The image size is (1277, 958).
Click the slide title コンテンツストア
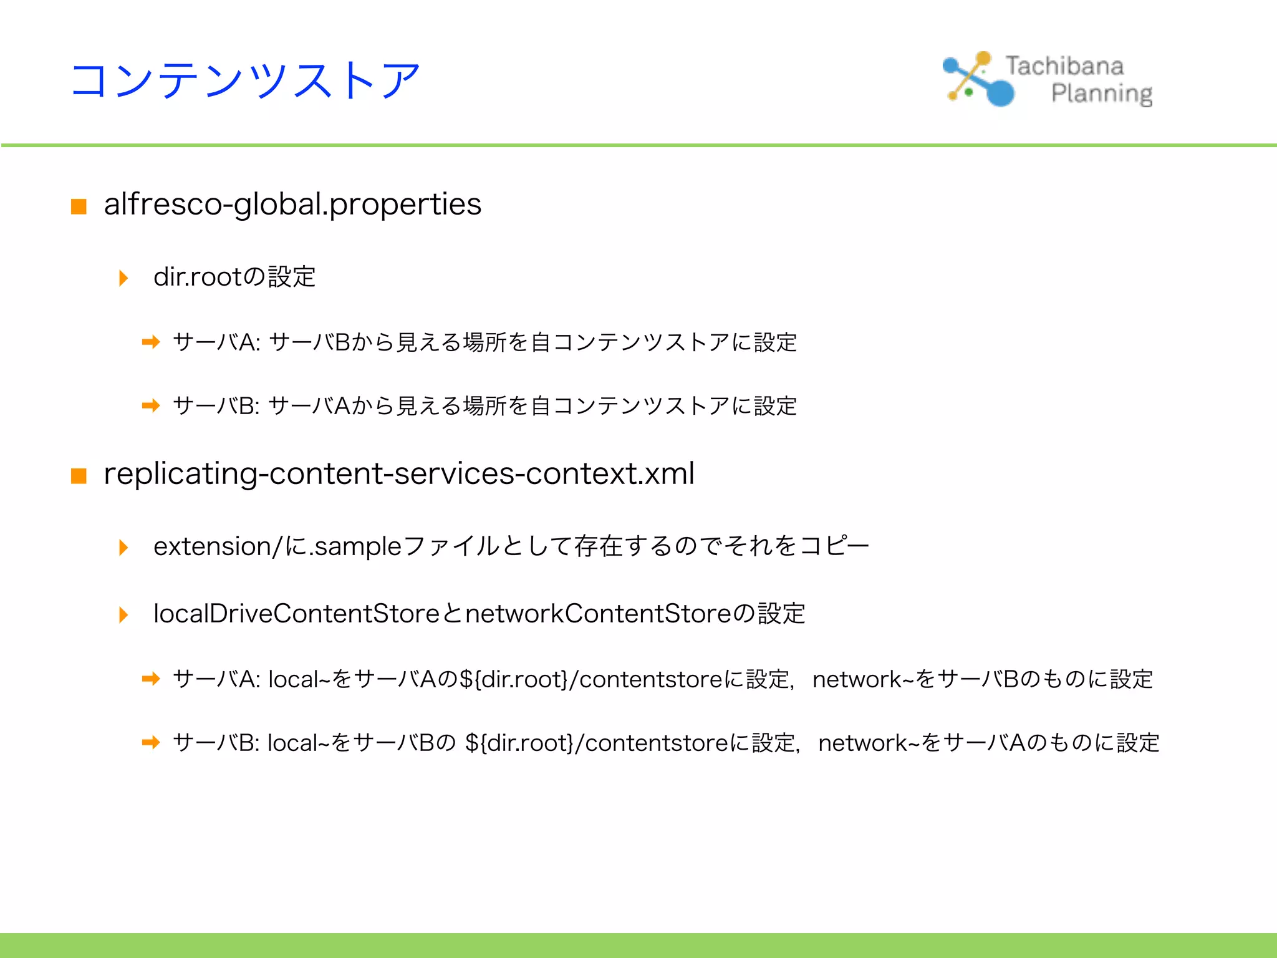point(246,81)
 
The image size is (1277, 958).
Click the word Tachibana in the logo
point(1064,66)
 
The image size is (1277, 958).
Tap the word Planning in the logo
point(1101,94)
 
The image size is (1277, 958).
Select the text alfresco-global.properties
point(292,205)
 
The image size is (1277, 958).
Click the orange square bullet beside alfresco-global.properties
point(79,206)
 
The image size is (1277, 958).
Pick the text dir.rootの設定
point(234,277)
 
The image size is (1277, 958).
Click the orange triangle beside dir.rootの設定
point(123,278)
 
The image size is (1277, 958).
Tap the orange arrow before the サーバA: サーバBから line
point(151,342)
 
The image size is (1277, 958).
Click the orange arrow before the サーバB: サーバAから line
point(151,406)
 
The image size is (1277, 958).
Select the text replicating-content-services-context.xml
point(399,473)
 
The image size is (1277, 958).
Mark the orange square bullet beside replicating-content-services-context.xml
point(79,476)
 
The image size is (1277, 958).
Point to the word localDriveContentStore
point(297,614)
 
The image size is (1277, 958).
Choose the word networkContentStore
point(598,614)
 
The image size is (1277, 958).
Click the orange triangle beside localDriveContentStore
point(123,614)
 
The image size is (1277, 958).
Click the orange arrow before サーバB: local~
point(151,742)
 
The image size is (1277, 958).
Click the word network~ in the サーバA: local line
point(857,679)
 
